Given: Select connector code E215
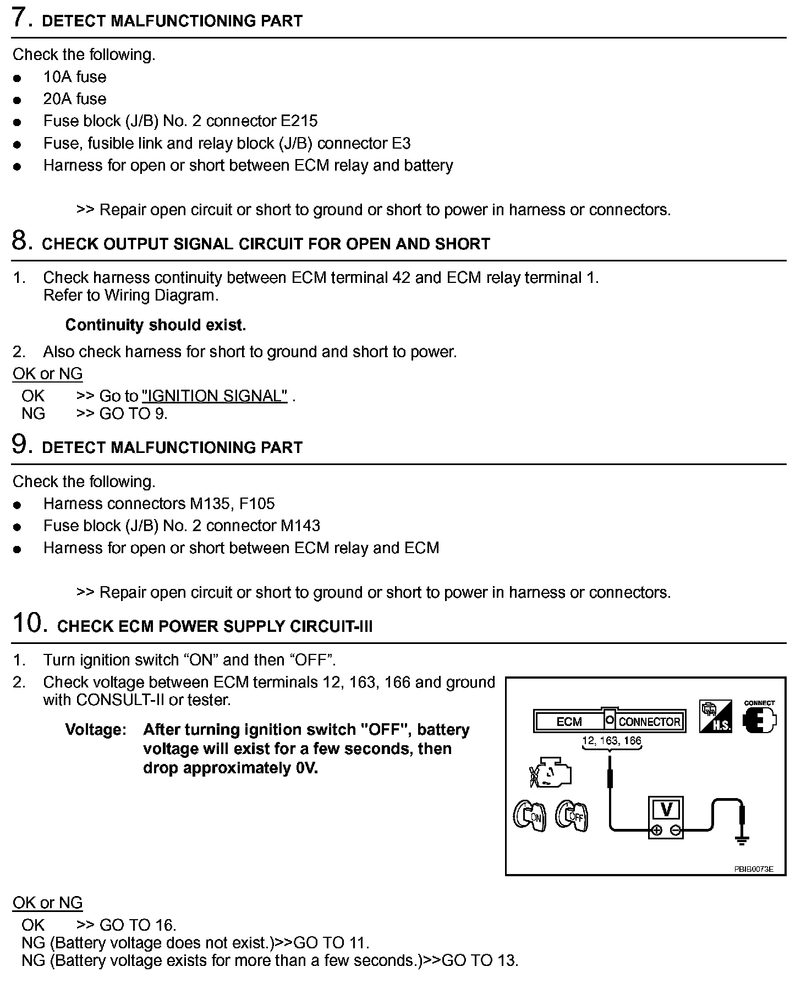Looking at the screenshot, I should click(x=299, y=121).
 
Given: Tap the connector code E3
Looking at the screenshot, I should click(x=401, y=144).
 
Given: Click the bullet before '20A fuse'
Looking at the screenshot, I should click(x=18, y=100).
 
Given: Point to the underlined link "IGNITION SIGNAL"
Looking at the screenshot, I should click(x=215, y=396).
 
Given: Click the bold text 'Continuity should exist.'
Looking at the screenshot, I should click(x=156, y=325).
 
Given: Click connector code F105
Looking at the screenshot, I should click(x=257, y=504).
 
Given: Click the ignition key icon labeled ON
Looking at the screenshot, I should click(x=529, y=815).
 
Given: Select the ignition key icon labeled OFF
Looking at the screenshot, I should click(x=572, y=815).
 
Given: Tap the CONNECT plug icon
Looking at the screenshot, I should click(x=759, y=718).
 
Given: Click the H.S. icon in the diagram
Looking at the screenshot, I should click(x=715, y=717).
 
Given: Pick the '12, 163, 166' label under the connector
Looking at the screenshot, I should click(x=612, y=741).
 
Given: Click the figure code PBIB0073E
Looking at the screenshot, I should click(x=753, y=869).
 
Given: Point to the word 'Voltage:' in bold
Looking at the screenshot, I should click(x=96, y=730).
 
